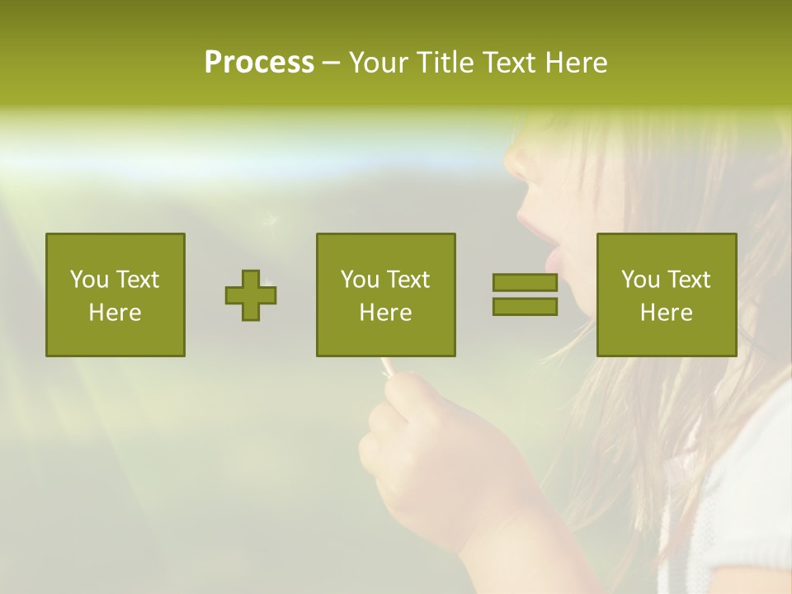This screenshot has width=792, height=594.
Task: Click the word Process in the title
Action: coord(259,63)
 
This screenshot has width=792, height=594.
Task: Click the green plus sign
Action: coord(251,295)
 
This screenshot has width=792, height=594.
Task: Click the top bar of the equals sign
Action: coord(525,283)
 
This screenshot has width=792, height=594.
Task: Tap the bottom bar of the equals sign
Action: coord(525,307)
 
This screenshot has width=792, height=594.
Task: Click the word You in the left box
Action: coord(89,280)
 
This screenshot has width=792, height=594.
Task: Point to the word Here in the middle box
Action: coord(386,313)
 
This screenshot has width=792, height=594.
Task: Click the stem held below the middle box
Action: coord(385,366)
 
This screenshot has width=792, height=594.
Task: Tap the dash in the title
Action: coord(331,63)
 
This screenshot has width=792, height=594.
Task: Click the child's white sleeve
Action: coord(742,495)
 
